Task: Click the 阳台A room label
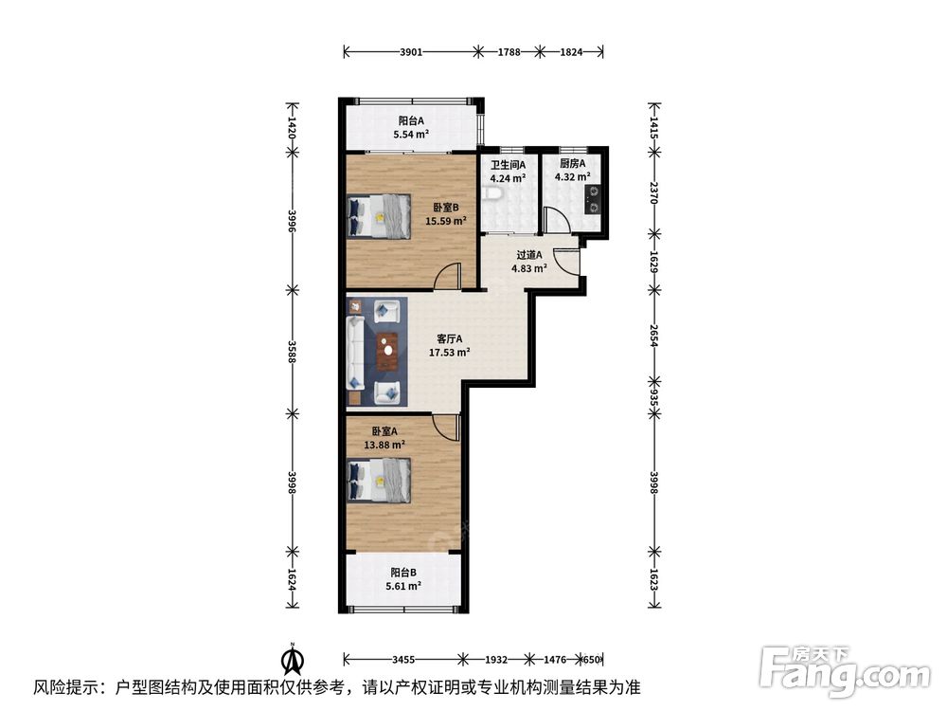click(411, 121)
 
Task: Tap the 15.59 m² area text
click(446, 221)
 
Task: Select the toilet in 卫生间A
click(491, 194)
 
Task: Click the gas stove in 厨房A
click(593, 199)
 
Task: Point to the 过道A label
click(529, 255)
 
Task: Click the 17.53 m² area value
click(449, 353)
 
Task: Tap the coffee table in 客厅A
click(387, 352)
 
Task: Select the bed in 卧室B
click(380, 216)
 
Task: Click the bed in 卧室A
click(380, 481)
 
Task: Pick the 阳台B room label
click(402, 573)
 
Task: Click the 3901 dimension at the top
click(411, 52)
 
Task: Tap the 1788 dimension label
click(509, 52)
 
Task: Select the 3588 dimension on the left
click(293, 352)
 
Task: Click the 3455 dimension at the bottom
click(402, 660)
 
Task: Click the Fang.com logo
click(845, 672)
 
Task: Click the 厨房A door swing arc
click(556, 218)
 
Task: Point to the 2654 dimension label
click(653, 336)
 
